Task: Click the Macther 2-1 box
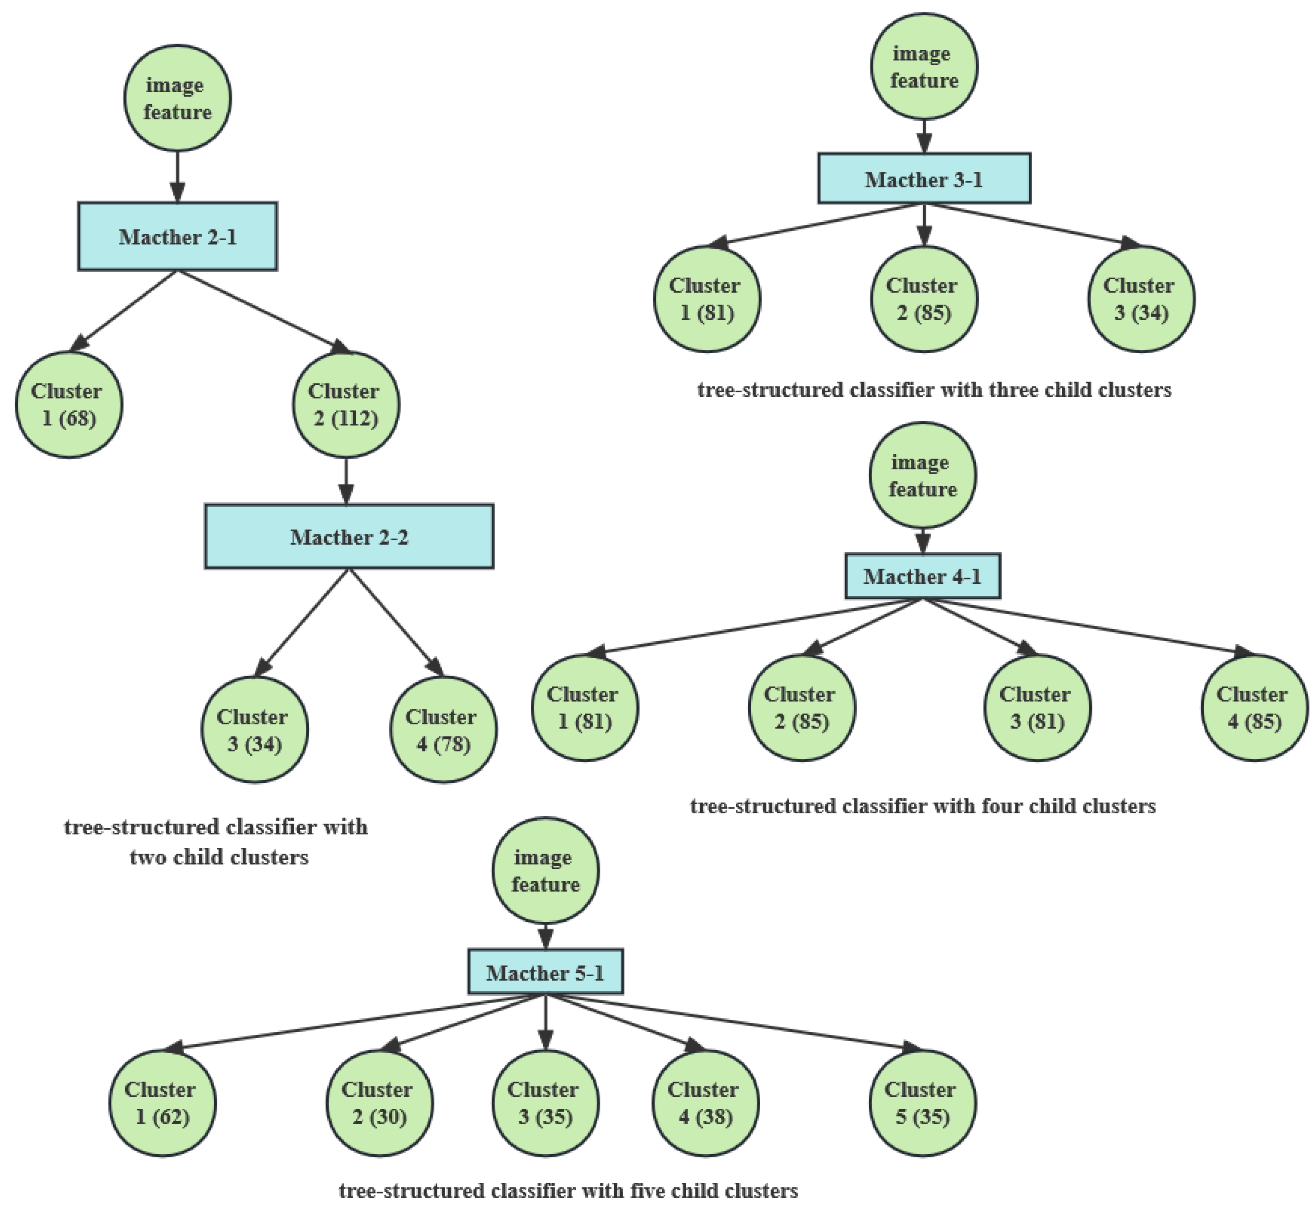(x=178, y=236)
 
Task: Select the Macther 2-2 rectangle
(x=349, y=537)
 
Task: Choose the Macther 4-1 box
(x=922, y=576)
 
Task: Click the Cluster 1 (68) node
(x=69, y=405)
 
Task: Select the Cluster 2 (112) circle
(x=346, y=405)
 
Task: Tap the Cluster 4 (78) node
(x=443, y=730)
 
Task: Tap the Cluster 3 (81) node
(x=1037, y=708)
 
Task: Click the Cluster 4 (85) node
(x=1254, y=708)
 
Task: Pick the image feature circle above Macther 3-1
(x=924, y=67)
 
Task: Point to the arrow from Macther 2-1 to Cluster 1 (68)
(x=124, y=310)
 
